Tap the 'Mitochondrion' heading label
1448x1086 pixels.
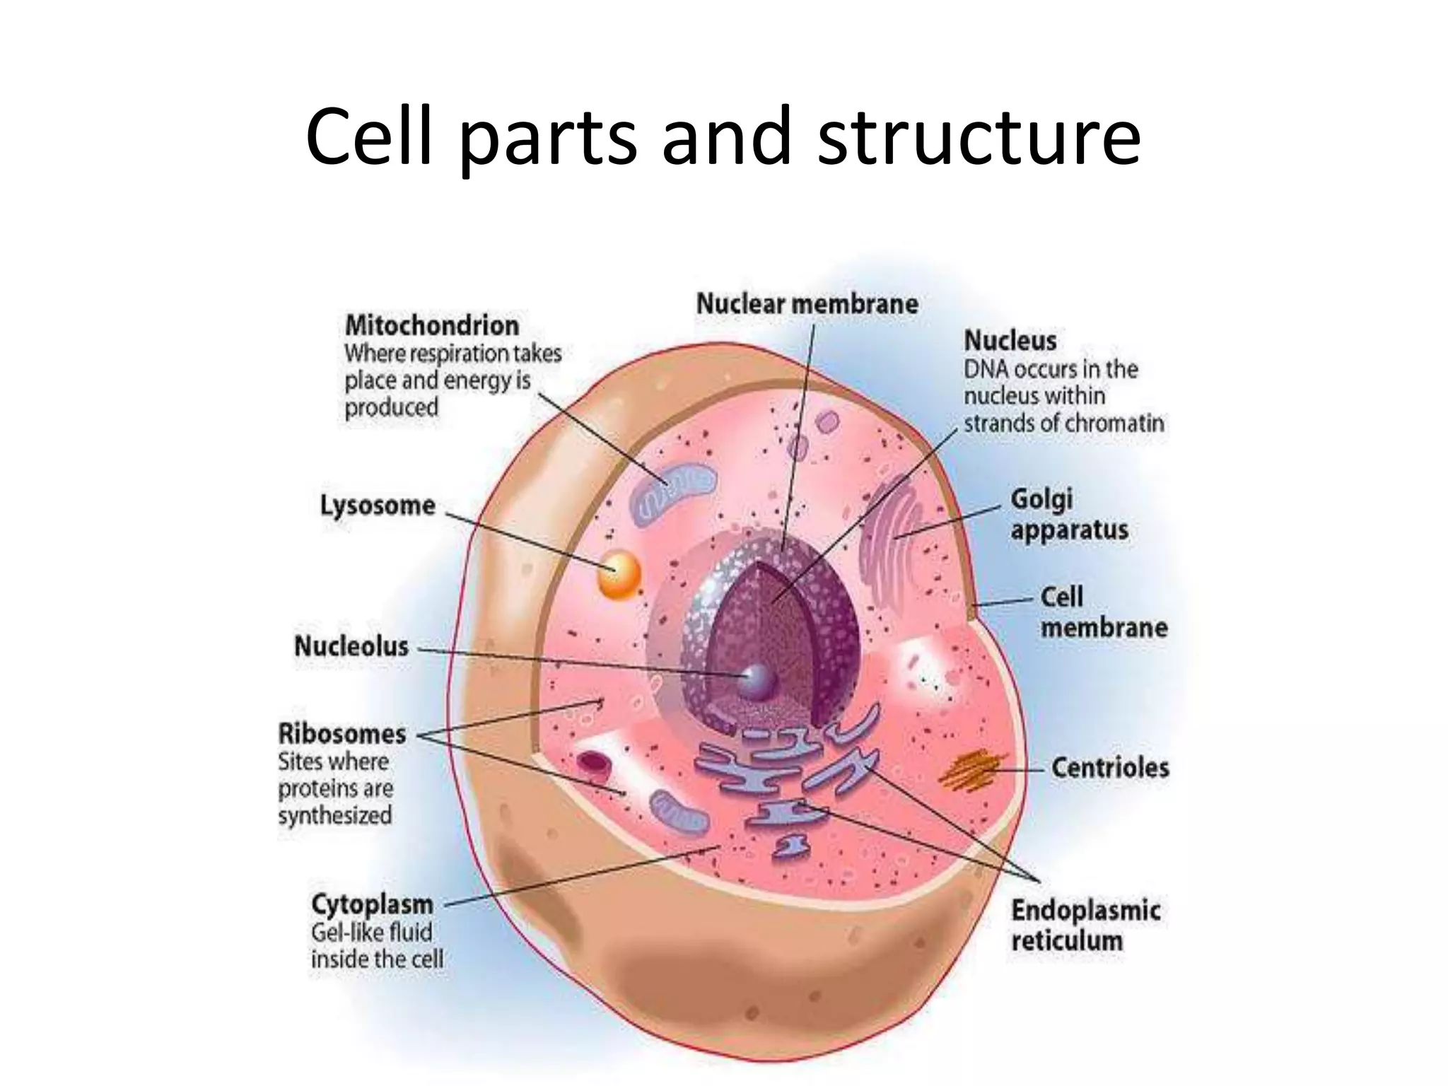[431, 326]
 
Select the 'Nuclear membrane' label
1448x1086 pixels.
[807, 304]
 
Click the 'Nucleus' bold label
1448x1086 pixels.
[1010, 341]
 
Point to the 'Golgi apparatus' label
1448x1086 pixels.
[1068, 515]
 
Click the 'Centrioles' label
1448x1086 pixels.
[1109, 767]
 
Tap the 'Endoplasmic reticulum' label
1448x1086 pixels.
[1085, 926]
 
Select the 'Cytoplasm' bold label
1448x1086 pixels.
[372, 904]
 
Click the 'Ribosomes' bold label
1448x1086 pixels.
[342, 734]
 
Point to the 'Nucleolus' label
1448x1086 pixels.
[351, 646]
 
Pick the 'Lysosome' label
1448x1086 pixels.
[378, 506]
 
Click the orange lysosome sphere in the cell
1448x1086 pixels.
[619, 575]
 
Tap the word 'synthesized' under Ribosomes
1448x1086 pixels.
[334, 815]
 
